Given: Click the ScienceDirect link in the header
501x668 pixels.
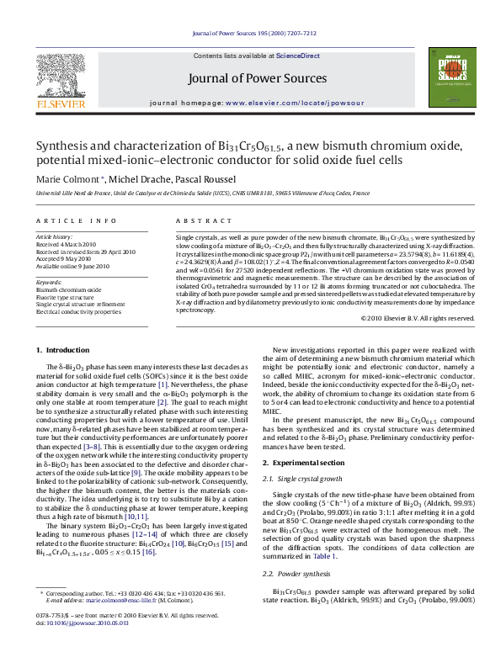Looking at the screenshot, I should click(x=298, y=56).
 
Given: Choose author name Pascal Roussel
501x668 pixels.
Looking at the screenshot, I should click(x=187, y=179).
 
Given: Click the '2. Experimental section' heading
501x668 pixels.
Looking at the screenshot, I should click(x=303, y=463).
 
